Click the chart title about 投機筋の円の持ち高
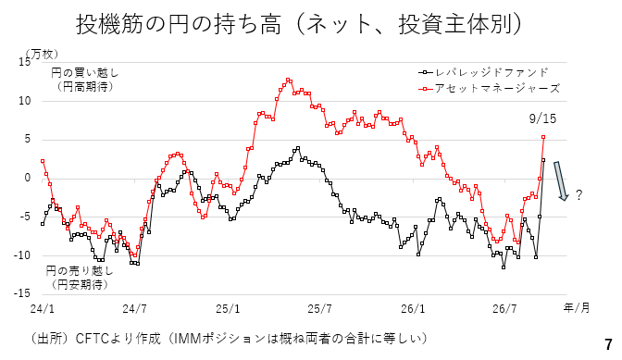[299, 24]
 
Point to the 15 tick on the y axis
[25, 62]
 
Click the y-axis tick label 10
[25, 101]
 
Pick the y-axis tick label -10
[22, 255]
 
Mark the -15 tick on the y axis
[22, 293]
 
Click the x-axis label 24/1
[42, 309]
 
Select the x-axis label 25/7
[320, 309]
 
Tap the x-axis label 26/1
[413, 309]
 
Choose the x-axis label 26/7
[505, 309]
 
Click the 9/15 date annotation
[542, 118]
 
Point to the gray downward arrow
[561, 180]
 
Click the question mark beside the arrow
[578, 195]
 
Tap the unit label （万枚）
[42, 54]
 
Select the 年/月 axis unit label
[577, 308]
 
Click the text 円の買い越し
[84, 73]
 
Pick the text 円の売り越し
[80, 271]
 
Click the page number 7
[608, 344]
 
